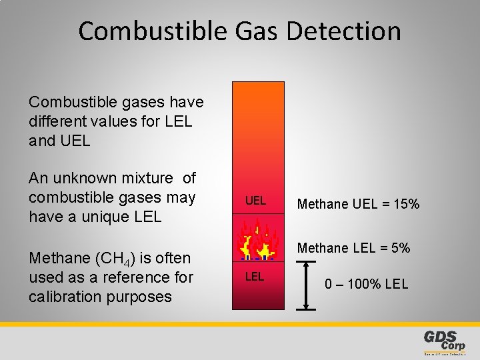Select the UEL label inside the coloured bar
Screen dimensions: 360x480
pos(255,201)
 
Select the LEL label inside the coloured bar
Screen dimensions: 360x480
pos(254,277)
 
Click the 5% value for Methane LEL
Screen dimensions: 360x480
pos(400,249)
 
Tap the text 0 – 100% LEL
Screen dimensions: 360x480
pos(367,284)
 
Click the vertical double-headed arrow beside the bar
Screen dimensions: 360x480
pos(306,285)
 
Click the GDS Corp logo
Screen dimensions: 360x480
pos(445,341)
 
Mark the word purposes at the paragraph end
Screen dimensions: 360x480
pos(150,297)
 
